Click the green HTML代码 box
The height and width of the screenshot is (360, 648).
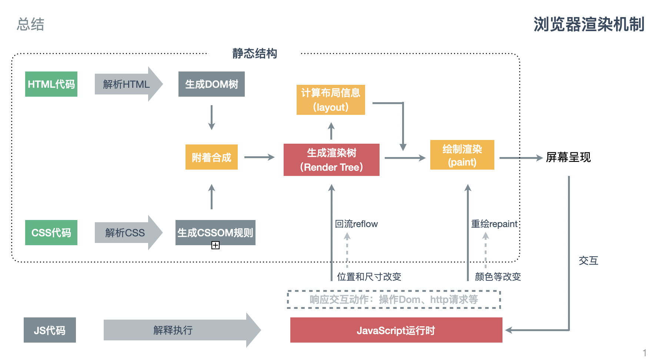51,84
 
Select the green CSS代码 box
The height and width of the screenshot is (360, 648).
51,233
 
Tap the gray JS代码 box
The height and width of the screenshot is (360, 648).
50,330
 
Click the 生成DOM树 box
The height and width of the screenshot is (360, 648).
211,84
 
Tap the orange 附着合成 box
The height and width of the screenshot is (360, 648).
211,157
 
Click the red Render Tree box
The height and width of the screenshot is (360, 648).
331,160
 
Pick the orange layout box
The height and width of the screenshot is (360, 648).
331,100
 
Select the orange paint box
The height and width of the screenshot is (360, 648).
462,155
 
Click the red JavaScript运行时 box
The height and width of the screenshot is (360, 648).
396,330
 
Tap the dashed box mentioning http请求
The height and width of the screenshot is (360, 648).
394,300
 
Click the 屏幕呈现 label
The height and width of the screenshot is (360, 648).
568,157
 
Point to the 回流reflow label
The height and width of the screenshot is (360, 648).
356,224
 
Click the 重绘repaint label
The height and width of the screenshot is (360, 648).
494,224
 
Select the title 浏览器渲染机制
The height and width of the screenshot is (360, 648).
589,24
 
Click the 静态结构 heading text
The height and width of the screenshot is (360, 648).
255,54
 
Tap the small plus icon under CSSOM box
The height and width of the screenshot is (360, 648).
216,245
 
